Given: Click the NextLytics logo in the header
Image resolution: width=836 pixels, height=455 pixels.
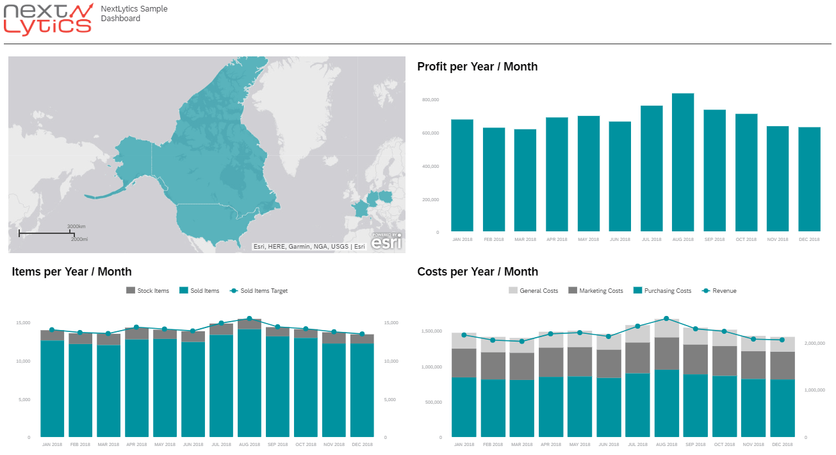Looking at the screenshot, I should [x=47, y=19].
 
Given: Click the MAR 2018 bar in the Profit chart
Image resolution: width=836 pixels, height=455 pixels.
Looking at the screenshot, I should [x=525, y=180].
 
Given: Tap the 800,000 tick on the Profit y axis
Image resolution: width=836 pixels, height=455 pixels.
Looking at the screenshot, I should [x=430, y=100].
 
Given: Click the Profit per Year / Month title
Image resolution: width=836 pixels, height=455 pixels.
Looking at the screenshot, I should [x=477, y=67].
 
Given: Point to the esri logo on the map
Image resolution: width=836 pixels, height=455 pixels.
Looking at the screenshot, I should [x=386, y=242].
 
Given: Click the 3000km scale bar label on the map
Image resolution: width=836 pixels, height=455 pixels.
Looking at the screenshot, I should [x=76, y=227].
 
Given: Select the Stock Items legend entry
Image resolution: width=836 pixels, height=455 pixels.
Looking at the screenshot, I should [x=148, y=291].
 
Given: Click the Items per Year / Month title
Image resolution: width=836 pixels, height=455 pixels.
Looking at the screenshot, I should [x=72, y=272].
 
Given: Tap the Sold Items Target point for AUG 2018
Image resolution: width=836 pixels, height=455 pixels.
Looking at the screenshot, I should [x=249, y=318].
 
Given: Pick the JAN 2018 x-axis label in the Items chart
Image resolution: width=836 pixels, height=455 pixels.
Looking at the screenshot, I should [x=52, y=444].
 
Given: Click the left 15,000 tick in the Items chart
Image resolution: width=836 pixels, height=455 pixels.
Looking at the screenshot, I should [x=22, y=323].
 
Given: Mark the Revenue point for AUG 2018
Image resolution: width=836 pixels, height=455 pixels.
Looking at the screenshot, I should [x=666, y=318].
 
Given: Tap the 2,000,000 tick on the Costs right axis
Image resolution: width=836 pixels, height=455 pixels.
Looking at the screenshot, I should [x=818, y=343].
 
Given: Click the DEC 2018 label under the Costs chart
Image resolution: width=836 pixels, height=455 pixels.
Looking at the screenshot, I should [x=782, y=444].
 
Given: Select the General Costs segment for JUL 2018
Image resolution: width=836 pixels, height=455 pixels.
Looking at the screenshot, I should [x=637, y=334].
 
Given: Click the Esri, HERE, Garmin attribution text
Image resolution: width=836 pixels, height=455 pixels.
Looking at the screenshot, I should [x=309, y=246].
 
